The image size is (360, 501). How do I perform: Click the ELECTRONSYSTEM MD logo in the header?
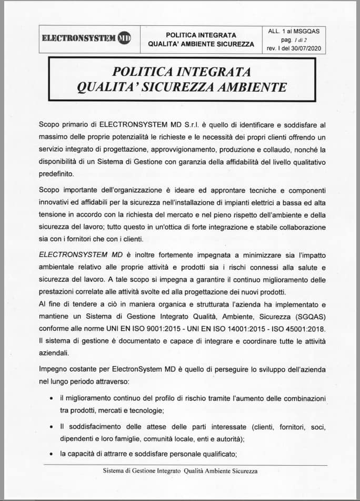(86, 38)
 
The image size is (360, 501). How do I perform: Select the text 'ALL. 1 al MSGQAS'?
(294, 31)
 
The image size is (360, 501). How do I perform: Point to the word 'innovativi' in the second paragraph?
(56, 202)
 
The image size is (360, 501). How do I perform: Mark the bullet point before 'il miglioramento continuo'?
(51, 398)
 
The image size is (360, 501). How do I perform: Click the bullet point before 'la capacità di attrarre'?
(51, 453)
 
